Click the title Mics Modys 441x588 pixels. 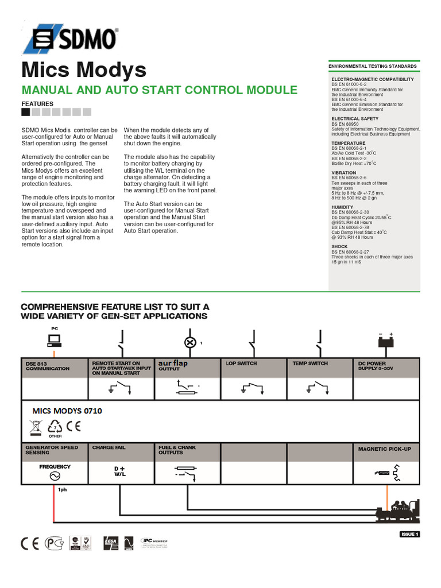(84, 70)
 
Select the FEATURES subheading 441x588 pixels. (37, 104)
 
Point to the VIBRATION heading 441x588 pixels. (343, 173)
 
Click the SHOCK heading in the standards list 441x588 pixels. (339, 246)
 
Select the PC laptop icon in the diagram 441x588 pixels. (55, 341)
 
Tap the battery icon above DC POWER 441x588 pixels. (385, 341)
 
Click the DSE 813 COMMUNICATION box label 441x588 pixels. (47, 366)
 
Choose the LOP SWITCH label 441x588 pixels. (242, 363)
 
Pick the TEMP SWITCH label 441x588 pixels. (310, 363)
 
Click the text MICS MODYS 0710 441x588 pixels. (68, 411)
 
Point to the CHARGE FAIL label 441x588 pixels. (109, 447)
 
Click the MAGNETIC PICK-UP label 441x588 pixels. (385, 448)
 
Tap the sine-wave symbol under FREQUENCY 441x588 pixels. (55, 476)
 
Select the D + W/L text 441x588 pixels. (120, 471)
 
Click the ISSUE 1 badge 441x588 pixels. (410, 535)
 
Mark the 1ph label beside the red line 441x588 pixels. (62, 490)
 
